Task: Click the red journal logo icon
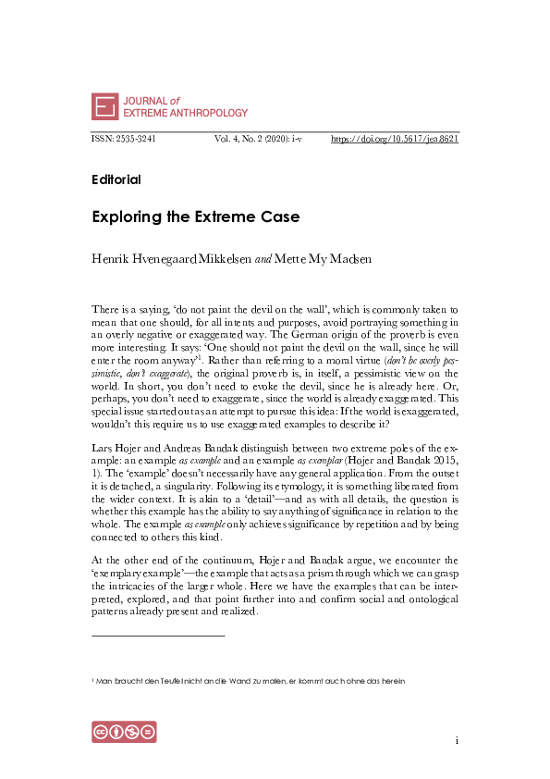[104, 106]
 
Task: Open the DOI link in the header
[395, 139]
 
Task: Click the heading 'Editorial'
[116, 179]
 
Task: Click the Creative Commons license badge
[124, 731]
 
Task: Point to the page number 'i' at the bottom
[457, 740]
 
